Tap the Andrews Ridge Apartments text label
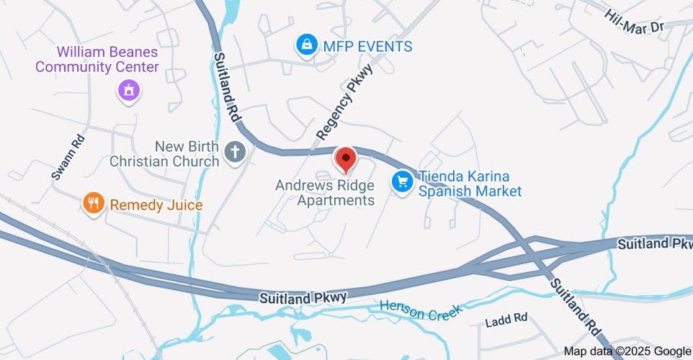[325, 193]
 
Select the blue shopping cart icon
[402, 181]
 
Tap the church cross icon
[234, 152]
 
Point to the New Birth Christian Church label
[164, 153]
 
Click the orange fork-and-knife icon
[93, 204]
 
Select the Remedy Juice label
[156, 205]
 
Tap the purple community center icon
[129, 91]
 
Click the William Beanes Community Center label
[97, 60]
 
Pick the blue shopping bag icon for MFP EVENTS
[308, 45]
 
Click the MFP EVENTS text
[367, 47]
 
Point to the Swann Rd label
[68, 157]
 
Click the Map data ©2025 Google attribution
[626, 351]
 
